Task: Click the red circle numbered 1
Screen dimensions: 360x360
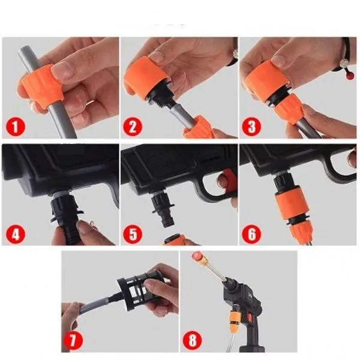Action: (16, 127)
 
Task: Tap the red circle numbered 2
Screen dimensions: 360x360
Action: (133, 127)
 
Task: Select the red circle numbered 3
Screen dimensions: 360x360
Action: (251, 127)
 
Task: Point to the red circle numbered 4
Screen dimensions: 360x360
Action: (16, 234)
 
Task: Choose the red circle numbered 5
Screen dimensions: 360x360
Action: (133, 234)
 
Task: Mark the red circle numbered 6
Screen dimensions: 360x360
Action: (251, 234)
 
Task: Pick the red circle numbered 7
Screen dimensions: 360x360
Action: (73, 340)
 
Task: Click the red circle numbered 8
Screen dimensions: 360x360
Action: (193, 340)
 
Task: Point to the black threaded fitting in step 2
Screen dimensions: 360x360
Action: (161, 98)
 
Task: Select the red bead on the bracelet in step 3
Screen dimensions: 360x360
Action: (350, 76)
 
